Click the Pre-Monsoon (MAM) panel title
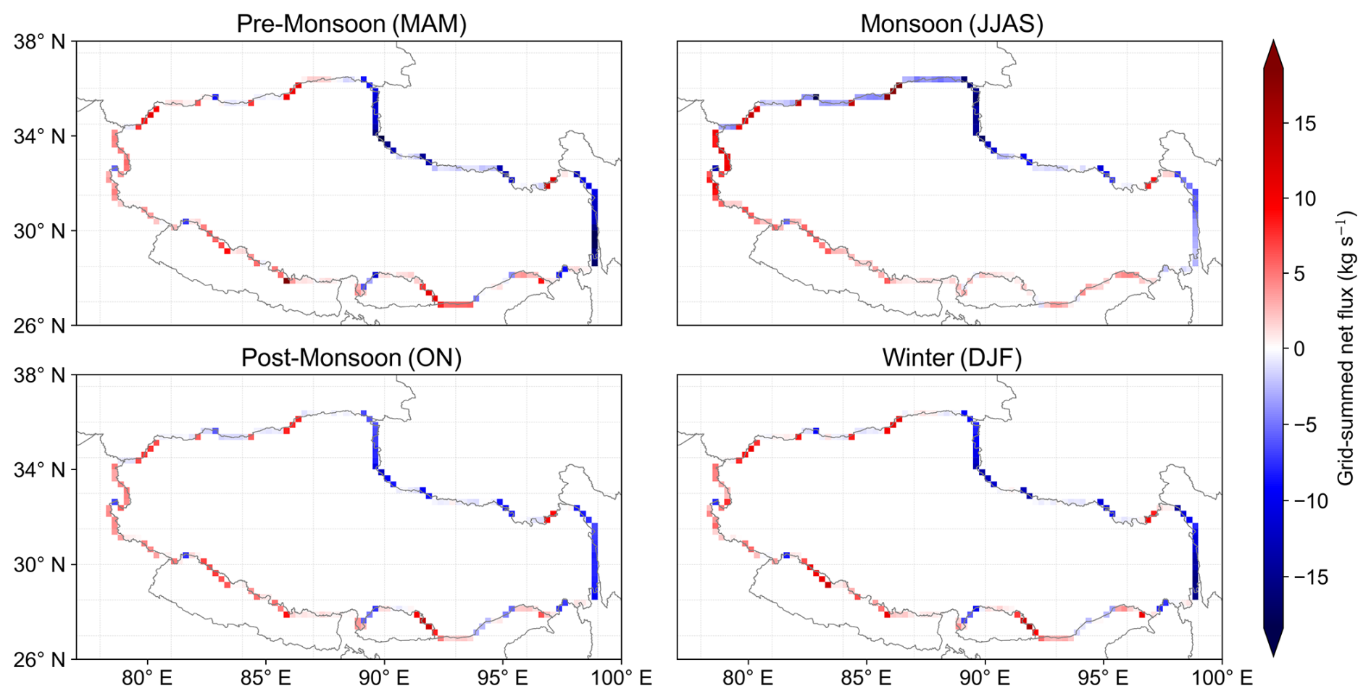pos(351,24)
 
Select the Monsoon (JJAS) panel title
pos(951,24)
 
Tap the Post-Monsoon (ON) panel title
pos(351,358)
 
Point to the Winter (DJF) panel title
pos(951,358)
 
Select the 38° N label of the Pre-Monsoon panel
pos(39,42)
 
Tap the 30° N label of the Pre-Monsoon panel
pos(39,231)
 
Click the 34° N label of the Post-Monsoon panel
pos(39,470)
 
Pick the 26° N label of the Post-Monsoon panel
pos(39,660)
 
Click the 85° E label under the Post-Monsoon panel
pos(265,679)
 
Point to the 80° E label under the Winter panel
pos(747,679)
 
